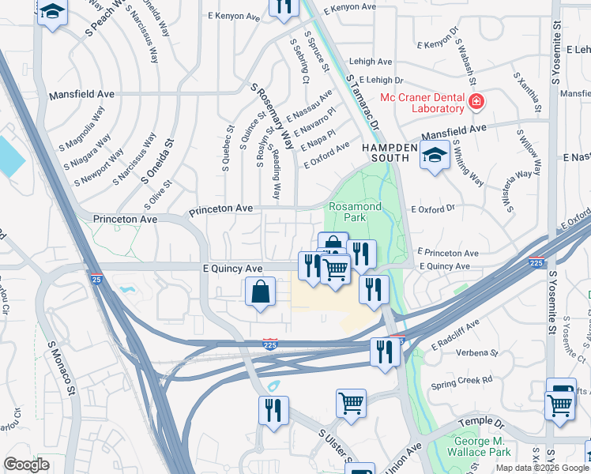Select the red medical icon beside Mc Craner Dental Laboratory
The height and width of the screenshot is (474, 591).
pos(476,102)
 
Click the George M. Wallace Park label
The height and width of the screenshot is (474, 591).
pos(472,447)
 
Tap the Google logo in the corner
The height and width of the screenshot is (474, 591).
pos(26,465)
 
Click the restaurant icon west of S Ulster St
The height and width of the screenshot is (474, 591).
pos(273,410)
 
